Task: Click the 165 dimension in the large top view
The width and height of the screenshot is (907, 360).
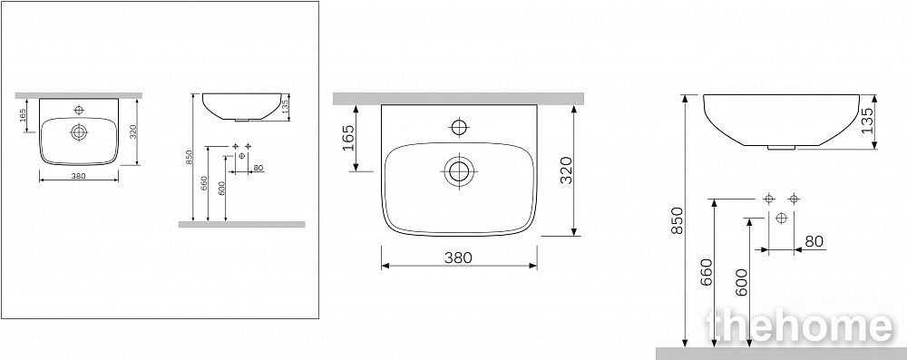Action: tap(349, 137)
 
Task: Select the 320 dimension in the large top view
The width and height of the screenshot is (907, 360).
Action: tap(566, 170)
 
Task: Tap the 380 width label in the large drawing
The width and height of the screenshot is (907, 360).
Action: tap(458, 258)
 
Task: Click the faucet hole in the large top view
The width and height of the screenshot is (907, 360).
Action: tap(459, 127)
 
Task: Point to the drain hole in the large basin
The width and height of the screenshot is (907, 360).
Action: tap(459, 172)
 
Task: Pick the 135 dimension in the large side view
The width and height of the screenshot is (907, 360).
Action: tap(867, 121)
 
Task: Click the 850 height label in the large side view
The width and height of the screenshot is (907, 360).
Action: tap(678, 220)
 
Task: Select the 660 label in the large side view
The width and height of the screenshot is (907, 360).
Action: tap(706, 272)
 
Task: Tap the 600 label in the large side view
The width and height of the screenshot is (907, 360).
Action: tap(741, 282)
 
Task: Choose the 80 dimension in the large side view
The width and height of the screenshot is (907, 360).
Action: tap(814, 241)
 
